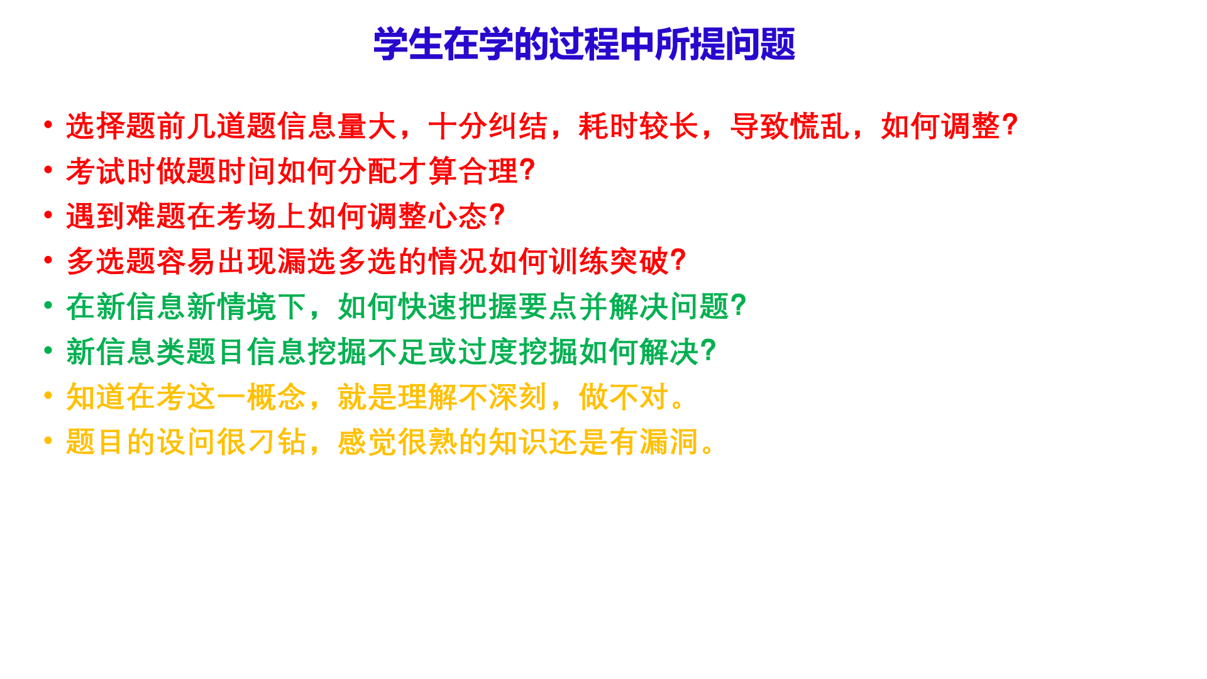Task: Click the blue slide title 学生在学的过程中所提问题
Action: pos(584,44)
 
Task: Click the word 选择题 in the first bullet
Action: pos(111,126)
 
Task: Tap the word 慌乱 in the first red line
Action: pos(820,126)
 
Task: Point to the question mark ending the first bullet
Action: pos(1010,125)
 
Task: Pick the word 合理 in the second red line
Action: pos(488,171)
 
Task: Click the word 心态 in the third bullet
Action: pos(458,216)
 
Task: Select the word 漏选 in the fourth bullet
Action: pos(307,262)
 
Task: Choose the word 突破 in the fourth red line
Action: pos(639,262)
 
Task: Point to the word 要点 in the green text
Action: pos(549,307)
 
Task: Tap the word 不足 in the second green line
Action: pos(398,352)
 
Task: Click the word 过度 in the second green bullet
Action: pos(488,352)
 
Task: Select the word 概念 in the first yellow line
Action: pos(277,397)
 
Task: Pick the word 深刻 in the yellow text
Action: pos(519,397)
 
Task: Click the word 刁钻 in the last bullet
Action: pos(277,442)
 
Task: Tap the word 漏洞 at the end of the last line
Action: pos(670,442)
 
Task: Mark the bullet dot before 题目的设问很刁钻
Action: pos(48,440)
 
